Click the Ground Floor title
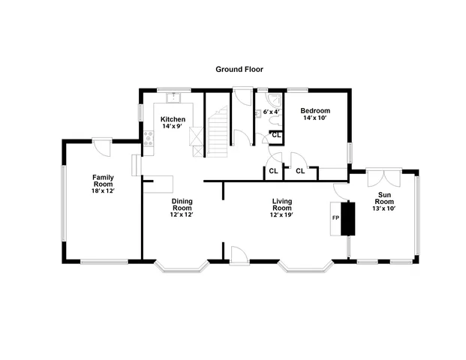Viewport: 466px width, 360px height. tap(239, 69)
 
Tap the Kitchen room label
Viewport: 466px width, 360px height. tap(173, 119)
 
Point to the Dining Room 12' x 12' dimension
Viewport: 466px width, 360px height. tap(182, 214)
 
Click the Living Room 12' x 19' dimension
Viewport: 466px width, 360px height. tap(281, 214)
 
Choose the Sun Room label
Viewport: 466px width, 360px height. tap(384, 198)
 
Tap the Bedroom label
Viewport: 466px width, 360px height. tap(316, 111)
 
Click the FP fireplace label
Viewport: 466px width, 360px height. tap(336, 218)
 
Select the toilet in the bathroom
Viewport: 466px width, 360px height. tap(259, 113)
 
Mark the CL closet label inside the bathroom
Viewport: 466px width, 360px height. tap(275, 135)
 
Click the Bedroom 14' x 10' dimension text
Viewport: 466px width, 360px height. tap(316, 118)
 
